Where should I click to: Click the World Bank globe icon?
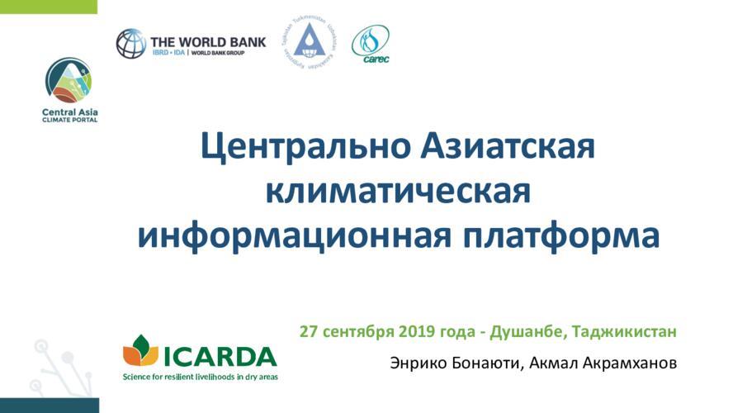[x=130, y=43]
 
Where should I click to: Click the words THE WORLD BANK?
[x=207, y=39]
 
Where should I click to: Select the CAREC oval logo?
[x=370, y=43]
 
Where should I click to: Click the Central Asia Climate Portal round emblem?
[x=68, y=80]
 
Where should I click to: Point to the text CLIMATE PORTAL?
[x=69, y=121]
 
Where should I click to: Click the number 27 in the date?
[x=309, y=332]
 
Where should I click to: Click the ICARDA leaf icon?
[x=140, y=350]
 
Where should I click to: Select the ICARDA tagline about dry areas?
[x=201, y=376]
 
